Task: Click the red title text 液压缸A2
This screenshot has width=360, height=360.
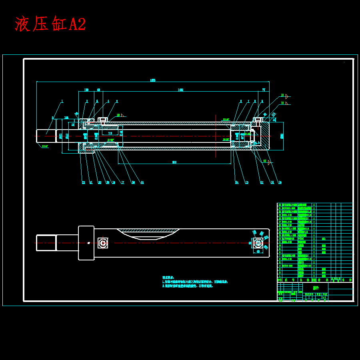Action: pyautogui.click(x=50, y=24)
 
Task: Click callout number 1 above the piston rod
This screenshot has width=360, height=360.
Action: pyautogui.click(x=62, y=101)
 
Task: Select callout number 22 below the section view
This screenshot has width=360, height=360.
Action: pyautogui.click(x=84, y=182)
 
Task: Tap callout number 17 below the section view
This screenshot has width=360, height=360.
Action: pyautogui.click(x=123, y=182)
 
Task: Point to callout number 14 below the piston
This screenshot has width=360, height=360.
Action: pyautogui.click(x=236, y=182)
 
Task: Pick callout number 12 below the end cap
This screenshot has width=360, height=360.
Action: pyautogui.click(x=262, y=182)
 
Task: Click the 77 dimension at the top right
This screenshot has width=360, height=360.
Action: pyautogui.click(x=264, y=90)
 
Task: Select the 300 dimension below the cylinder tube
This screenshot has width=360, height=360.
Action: pyautogui.click(x=174, y=162)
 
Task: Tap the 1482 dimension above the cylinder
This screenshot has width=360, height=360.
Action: pyautogui.click(x=180, y=90)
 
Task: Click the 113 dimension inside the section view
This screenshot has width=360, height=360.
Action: pyautogui.click(x=110, y=134)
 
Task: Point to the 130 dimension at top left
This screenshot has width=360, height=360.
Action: pyautogui.click(x=86, y=90)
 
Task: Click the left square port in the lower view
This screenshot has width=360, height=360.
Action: pyautogui.click(x=103, y=243)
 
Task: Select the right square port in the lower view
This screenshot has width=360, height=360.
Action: pyautogui.click(x=258, y=242)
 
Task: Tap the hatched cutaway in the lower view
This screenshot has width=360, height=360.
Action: pyautogui.click(x=148, y=234)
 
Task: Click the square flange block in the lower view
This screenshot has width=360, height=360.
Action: pyautogui.click(x=86, y=243)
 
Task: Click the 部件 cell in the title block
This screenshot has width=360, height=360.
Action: pyautogui.click(x=316, y=288)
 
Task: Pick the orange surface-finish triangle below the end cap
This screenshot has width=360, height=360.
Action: pyautogui.click(x=269, y=162)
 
